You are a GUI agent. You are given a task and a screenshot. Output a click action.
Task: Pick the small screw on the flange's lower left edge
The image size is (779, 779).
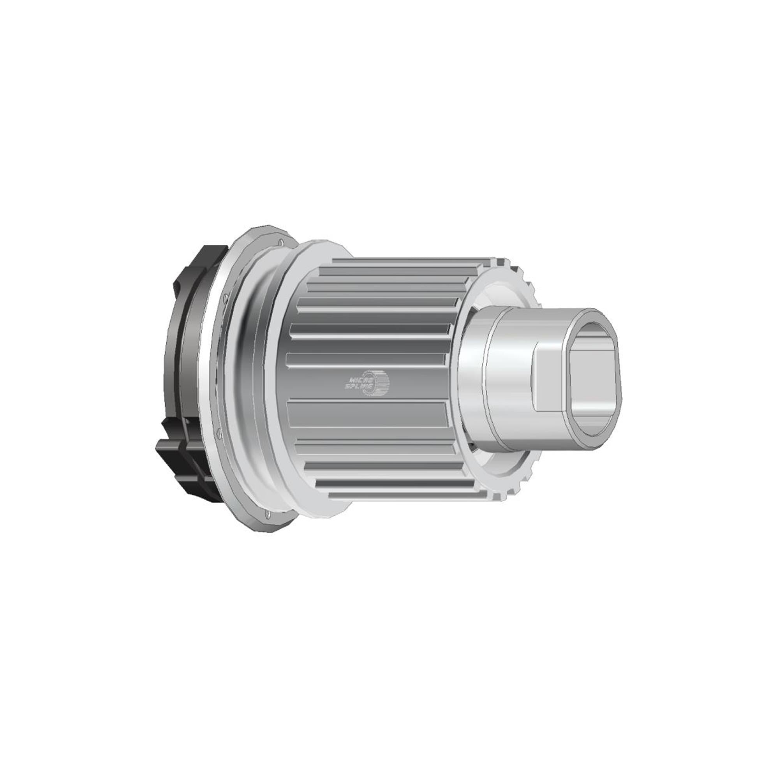(x=218, y=434)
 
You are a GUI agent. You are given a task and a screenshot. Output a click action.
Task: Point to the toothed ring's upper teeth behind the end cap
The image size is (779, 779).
(x=524, y=278)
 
